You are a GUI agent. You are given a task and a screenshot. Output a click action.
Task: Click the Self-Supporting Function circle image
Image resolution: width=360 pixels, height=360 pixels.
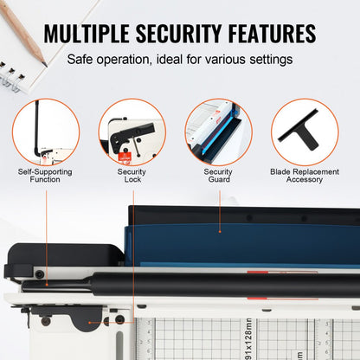[x=46, y=132]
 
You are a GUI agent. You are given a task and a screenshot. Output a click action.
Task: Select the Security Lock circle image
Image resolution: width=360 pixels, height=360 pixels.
[x=132, y=132]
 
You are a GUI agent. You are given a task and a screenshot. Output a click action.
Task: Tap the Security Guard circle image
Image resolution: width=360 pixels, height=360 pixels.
[x=218, y=132]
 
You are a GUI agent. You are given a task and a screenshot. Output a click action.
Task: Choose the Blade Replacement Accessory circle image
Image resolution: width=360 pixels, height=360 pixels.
[x=305, y=132]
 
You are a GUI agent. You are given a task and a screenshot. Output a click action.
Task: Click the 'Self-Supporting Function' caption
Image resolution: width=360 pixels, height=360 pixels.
[x=46, y=176]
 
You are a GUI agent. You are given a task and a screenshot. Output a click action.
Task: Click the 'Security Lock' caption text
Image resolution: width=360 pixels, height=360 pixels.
[x=132, y=176]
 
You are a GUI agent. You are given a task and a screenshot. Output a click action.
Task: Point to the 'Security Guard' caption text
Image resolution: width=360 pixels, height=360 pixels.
[x=218, y=176]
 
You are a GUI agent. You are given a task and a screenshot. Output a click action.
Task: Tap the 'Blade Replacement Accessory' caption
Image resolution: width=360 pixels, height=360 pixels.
[x=305, y=176]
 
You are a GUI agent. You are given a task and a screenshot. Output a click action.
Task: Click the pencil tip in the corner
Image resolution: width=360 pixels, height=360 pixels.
[x=42, y=61]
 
